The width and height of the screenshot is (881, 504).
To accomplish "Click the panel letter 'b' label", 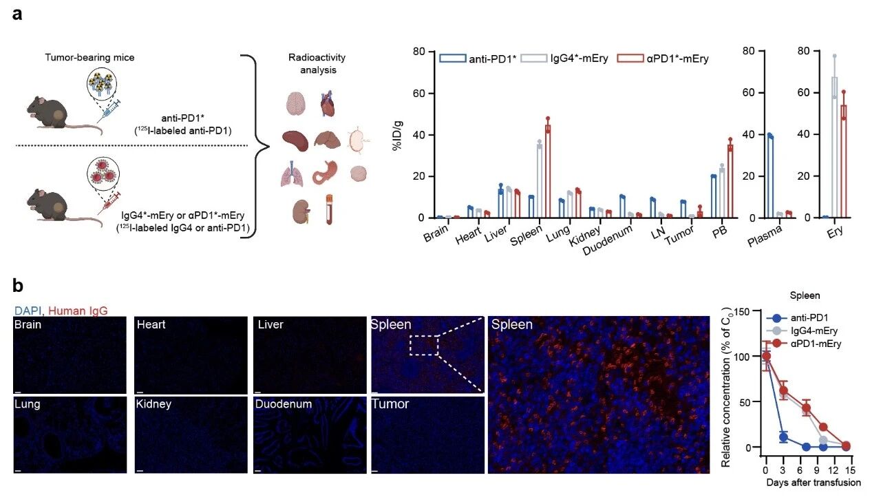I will (x=19, y=284).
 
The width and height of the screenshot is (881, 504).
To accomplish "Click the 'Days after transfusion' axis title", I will (x=814, y=483).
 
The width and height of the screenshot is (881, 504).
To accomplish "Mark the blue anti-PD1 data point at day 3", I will (x=783, y=437).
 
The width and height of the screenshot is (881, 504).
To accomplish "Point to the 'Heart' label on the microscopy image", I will (x=151, y=324).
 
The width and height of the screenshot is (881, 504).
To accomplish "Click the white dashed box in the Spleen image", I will (x=424, y=344).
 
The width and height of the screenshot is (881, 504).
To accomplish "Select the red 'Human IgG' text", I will (x=78, y=311).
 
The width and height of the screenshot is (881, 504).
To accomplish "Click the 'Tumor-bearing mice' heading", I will (x=100, y=58).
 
